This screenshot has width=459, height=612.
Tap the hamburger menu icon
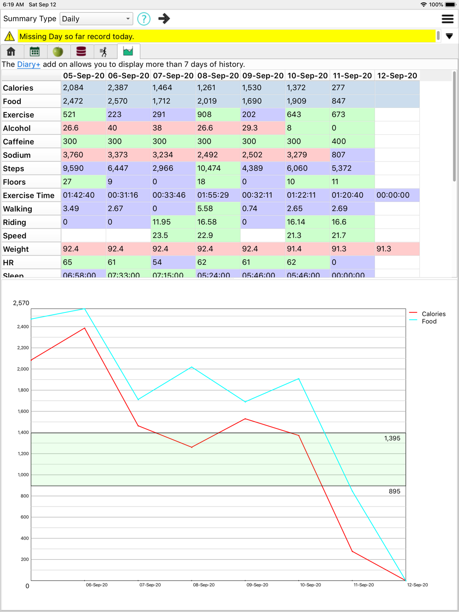click(x=447, y=19)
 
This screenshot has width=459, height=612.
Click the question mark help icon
click(x=144, y=19)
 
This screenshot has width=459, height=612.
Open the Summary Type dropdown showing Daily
click(x=96, y=19)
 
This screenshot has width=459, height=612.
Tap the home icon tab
click(x=11, y=51)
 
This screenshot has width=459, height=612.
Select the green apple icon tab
click(x=58, y=51)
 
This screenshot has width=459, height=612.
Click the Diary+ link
click(x=28, y=64)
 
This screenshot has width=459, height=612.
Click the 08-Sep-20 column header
click(x=218, y=76)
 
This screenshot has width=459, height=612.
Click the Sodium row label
click(x=17, y=155)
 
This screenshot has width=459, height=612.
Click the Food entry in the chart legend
click(x=429, y=321)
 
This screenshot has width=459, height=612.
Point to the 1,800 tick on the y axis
click(x=23, y=390)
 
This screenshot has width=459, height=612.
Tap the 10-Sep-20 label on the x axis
click(x=310, y=585)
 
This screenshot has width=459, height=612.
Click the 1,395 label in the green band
click(x=392, y=438)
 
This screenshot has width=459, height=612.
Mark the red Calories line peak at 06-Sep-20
click(x=84, y=328)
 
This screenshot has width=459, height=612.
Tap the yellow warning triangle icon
click(x=9, y=36)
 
